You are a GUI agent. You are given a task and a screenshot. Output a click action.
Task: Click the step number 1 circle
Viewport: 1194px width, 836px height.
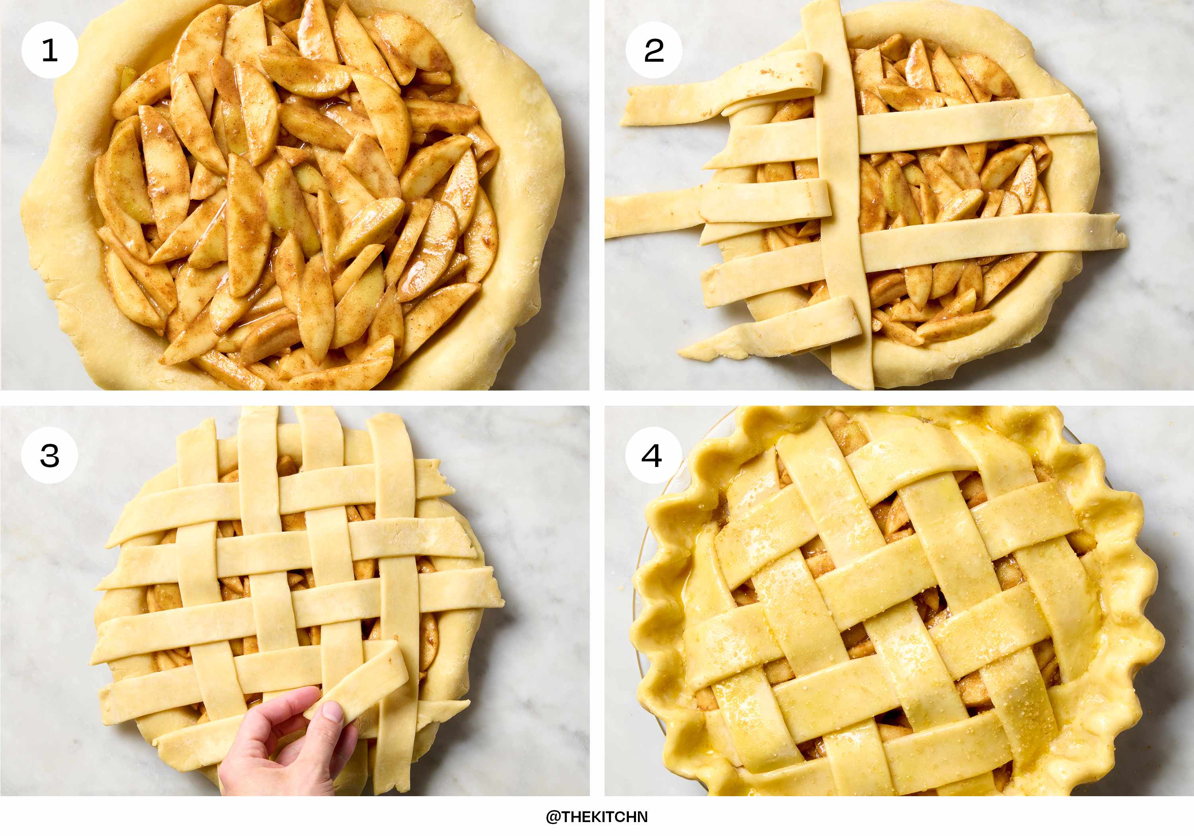pyautogui.click(x=49, y=50)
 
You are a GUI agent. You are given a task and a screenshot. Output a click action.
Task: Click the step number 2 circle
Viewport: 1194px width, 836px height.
pyautogui.click(x=654, y=50)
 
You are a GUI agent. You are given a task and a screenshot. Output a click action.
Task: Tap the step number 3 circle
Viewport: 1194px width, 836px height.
pyautogui.click(x=49, y=455)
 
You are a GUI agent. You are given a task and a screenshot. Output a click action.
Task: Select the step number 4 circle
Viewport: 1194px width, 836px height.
pyautogui.click(x=654, y=455)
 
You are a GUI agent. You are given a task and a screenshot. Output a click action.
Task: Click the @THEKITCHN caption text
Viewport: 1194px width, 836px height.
pyautogui.click(x=597, y=817)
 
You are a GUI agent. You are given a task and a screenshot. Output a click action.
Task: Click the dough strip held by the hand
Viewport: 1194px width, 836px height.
pyautogui.click(x=359, y=682)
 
